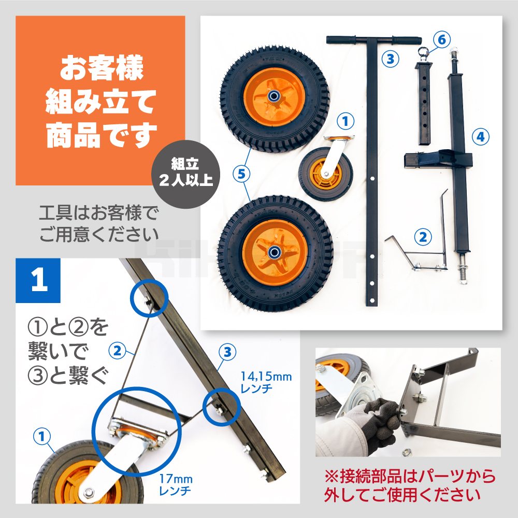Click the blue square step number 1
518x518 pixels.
pos(38,280)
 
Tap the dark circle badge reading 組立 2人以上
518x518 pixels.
pos(185,174)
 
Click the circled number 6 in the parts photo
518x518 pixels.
pos(442,40)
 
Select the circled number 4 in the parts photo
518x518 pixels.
pos(480,137)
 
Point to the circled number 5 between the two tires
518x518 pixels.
pos(241,174)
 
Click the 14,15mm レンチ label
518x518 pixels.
pos(266,382)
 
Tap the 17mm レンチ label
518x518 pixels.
pos(176,485)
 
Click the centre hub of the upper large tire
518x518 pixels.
pos(274,96)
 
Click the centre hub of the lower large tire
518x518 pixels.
pos(274,253)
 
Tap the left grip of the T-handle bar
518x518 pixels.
pos(341,40)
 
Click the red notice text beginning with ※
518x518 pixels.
pos(410,485)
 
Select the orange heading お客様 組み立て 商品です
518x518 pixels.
pos(101,101)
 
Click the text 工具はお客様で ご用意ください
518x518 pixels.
pos(99,223)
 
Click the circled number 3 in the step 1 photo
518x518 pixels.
pos(227,352)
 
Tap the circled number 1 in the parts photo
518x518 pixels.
pos(346,121)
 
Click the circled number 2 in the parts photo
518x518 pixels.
pos(423,237)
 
